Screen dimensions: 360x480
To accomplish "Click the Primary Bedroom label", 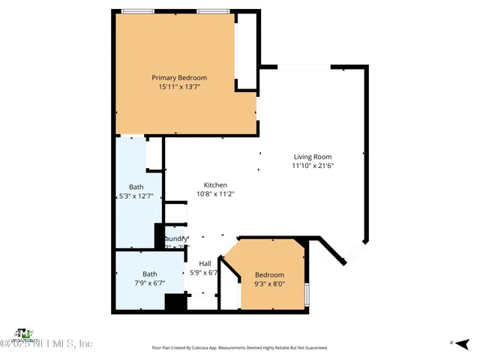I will pos(179,78).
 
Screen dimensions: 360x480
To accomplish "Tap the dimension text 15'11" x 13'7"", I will pos(179,87).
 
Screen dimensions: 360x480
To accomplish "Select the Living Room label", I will pos(312,157).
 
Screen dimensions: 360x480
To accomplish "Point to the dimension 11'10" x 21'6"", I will pos(312,166).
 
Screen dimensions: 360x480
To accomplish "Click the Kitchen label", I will pos(215,185).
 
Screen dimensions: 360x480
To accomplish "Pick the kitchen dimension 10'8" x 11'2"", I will pos(215,194).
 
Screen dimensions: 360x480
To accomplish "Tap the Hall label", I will pos(205,263).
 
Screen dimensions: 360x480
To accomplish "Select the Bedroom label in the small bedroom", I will pos(269,274).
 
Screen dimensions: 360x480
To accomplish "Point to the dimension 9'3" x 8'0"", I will pos(269,283).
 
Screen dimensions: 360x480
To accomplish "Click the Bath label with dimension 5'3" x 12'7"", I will pos(136,187).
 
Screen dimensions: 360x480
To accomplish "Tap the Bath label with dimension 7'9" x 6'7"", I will pos(150,274).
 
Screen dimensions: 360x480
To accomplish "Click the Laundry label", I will pos(175,239).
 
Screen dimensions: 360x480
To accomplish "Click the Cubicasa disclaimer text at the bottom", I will pos(240,348).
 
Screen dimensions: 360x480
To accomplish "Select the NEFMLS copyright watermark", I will pos(46,343).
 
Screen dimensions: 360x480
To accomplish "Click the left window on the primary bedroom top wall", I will pos(138,11).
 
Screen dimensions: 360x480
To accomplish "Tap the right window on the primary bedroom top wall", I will pos(214,11).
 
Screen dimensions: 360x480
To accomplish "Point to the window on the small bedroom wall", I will pos(307,294).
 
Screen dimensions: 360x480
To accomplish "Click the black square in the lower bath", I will pos(175,302).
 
